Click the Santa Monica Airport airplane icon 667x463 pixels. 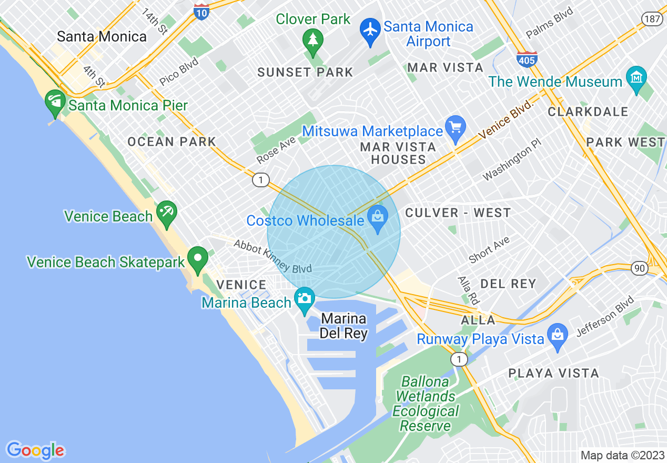pos(371,30)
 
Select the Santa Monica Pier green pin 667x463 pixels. pos(55,102)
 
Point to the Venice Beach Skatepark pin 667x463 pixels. pos(198,259)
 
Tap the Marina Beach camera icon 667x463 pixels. pos(304,299)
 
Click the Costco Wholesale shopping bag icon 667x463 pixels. pos(377,216)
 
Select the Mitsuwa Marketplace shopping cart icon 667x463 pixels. pos(455,128)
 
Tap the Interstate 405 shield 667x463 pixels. pos(527,58)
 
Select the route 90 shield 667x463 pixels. pos(640,268)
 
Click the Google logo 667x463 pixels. pos(35,450)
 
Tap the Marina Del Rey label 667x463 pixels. pos(344,326)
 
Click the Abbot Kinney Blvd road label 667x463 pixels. pos(273,257)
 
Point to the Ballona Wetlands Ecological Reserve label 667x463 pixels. pos(426,404)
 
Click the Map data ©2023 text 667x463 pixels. pos(622,455)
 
